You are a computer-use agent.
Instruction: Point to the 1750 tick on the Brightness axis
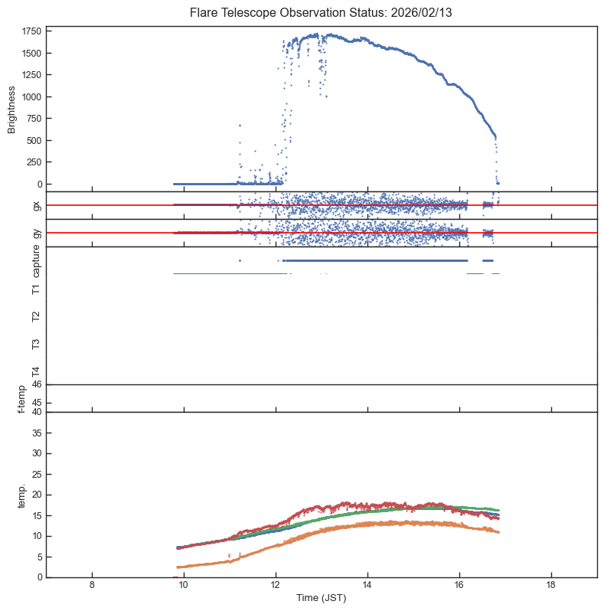point(31,31)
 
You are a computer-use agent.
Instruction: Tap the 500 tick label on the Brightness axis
point(34,141)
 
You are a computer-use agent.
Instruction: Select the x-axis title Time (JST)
point(321,598)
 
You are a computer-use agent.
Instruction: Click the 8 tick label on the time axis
point(92,586)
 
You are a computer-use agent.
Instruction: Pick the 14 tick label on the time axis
point(367,586)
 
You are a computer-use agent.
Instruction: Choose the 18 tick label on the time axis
point(551,586)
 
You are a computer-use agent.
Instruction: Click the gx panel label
point(36,205)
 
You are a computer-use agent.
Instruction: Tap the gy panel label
point(36,233)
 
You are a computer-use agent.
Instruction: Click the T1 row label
point(36,289)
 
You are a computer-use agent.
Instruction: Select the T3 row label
point(36,344)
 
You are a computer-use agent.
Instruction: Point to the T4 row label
point(36,371)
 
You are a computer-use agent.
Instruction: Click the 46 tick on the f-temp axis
point(36,384)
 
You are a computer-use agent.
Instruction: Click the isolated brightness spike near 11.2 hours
point(240,126)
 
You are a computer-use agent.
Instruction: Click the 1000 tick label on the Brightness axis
point(31,96)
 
